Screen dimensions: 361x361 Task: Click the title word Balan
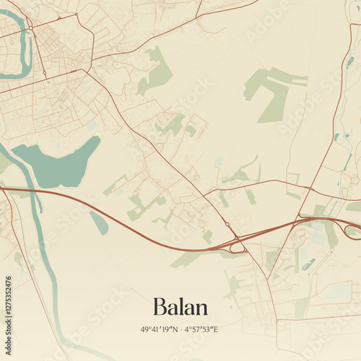point(180,307)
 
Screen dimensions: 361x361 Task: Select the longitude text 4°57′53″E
point(203,329)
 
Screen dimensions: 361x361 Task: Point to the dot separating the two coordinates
point(181,329)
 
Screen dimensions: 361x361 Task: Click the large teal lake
point(58,165)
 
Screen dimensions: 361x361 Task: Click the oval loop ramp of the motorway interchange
point(238,247)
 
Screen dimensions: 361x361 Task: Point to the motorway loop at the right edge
point(353,231)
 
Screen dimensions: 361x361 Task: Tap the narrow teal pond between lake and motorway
point(99,223)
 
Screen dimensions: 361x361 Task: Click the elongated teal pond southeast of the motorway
point(309,264)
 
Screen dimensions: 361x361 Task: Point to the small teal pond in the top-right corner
point(349,62)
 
